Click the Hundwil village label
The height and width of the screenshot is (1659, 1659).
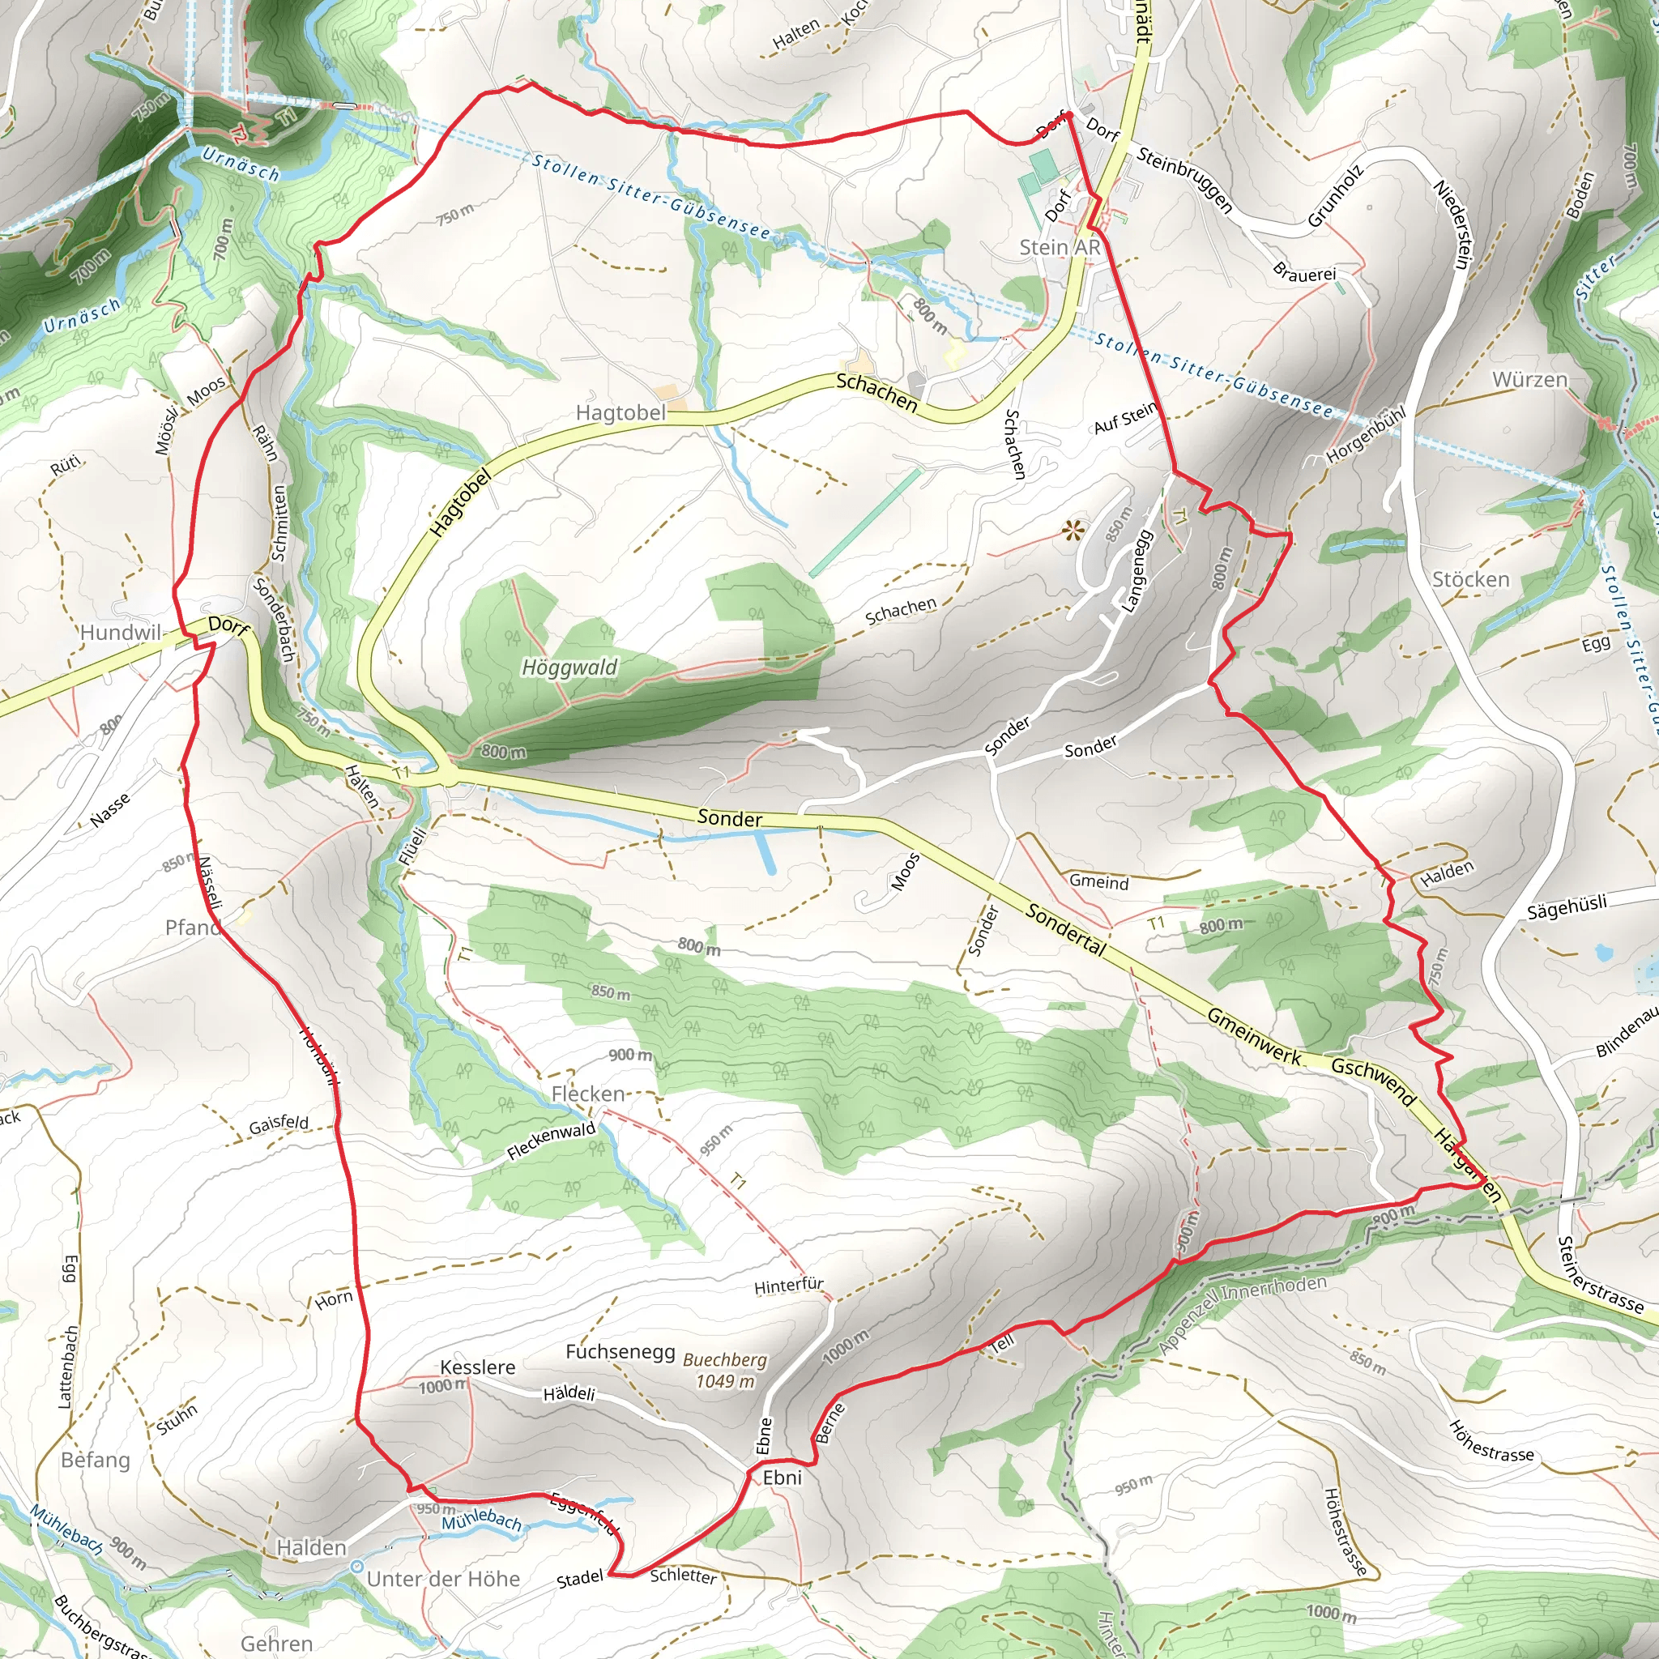(120, 633)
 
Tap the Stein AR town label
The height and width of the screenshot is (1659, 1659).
(1060, 247)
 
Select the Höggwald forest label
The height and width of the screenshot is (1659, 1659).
(569, 667)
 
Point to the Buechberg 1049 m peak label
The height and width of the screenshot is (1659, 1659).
(726, 1371)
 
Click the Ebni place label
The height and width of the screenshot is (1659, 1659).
(783, 1477)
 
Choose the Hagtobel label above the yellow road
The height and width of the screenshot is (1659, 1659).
(621, 413)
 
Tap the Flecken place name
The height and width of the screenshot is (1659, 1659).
(588, 1094)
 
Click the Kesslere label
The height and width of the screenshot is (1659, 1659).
(477, 1367)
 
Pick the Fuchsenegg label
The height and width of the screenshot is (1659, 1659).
(620, 1353)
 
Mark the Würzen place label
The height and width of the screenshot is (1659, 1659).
(1529, 380)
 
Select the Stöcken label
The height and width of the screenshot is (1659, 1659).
(1470, 580)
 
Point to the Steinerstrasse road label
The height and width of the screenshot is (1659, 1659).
(1601, 1275)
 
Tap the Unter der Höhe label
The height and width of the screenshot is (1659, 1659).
(443, 1579)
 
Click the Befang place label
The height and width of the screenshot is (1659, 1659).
(96, 1460)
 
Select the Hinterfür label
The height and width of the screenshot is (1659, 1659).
(788, 1286)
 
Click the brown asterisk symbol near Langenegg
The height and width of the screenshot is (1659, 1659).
(1072, 531)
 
